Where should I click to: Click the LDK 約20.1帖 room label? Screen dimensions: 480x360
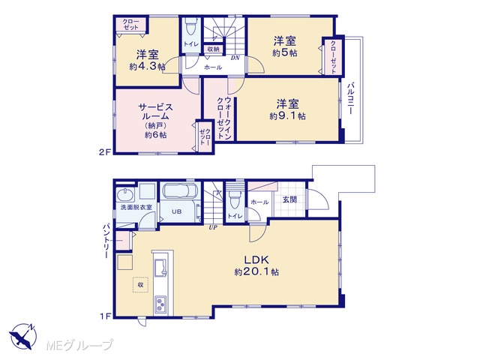[256, 265]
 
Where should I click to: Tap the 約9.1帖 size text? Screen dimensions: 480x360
[287, 116]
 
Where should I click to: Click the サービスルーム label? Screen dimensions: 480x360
[155, 112]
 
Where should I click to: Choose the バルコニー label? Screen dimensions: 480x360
[350, 98]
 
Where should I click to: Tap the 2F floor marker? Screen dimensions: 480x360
[104, 151]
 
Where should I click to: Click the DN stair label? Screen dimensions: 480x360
[235, 58]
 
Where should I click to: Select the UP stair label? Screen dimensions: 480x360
[213, 227]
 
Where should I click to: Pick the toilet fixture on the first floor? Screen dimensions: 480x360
[235, 200]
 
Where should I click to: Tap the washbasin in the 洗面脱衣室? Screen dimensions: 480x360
[126, 194]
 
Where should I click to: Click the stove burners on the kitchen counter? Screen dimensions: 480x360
[160, 304]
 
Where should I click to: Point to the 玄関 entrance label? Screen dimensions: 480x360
[289, 199]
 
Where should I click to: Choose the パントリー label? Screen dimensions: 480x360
[106, 241]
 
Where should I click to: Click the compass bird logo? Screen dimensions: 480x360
[22, 337]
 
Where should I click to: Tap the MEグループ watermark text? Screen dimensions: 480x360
[79, 345]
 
